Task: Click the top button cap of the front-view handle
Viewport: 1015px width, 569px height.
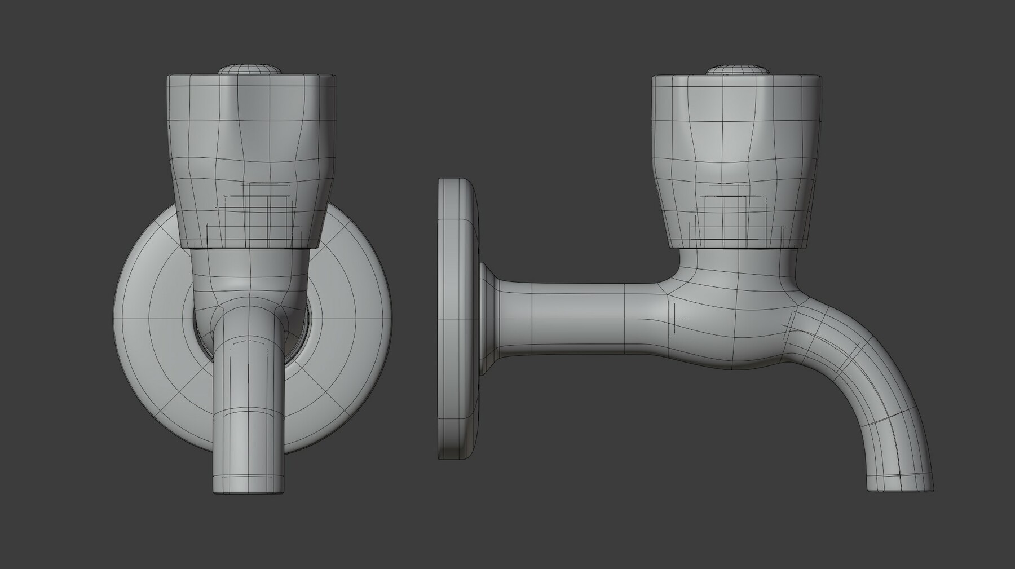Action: click(x=250, y=69)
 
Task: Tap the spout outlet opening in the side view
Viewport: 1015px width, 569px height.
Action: click(x=901, y=490)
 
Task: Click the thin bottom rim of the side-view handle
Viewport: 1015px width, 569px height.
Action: click(x=736, y=247)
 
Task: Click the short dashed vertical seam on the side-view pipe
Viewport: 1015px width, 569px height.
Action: click(x=670, y=319)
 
